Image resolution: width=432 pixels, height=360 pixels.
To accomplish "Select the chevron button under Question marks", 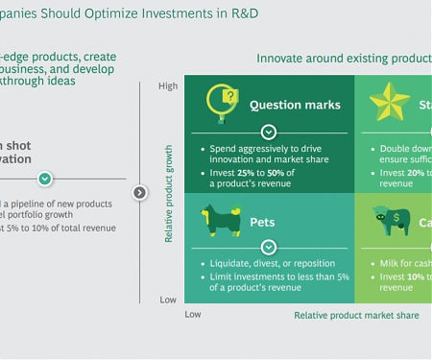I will pos(268,132).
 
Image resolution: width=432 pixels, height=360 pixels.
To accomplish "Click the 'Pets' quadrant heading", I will pos(262,222).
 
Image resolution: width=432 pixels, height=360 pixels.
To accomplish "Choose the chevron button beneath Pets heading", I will pos(268,248).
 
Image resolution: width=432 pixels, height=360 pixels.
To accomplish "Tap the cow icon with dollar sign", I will pos(391,221).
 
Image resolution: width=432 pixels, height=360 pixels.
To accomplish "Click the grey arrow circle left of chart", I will pos(139,192).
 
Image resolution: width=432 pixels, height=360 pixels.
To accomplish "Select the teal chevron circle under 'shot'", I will pos(45,180).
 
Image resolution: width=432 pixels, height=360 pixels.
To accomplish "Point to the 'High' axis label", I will pos(168,86).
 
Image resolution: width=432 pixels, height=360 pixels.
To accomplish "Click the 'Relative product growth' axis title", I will pos(169,193).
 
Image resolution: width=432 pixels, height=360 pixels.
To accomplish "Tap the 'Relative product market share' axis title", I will pos(355,315).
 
